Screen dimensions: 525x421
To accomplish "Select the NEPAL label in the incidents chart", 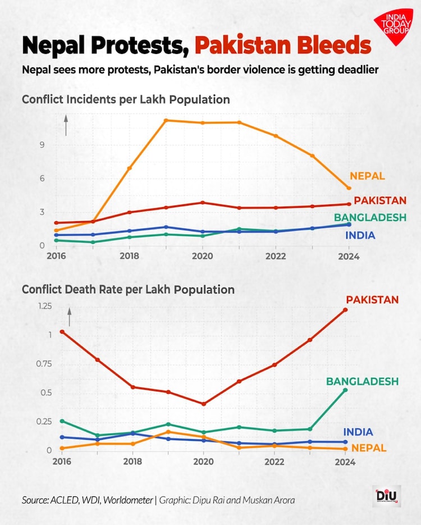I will point(367,176).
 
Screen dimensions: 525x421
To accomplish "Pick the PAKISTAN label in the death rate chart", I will point(372,300).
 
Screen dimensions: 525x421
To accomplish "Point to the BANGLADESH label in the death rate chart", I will point(362,382).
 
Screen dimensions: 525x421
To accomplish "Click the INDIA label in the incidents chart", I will point(360,236).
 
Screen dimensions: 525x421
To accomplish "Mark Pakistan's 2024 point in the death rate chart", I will point(346,310).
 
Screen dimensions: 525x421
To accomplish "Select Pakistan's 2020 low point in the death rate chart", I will point(204,404).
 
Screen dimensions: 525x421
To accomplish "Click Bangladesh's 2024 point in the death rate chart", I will point(346,390).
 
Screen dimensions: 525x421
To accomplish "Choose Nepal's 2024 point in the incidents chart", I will point(349,188).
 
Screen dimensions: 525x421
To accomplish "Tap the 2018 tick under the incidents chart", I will point(130,256).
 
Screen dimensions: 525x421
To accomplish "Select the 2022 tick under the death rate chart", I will point(274,461).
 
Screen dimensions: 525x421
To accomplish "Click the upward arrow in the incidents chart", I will point(66,125).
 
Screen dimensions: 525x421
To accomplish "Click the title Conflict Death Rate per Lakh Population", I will point(128,290).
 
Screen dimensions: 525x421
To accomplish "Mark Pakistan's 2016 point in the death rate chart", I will point(62,332).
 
